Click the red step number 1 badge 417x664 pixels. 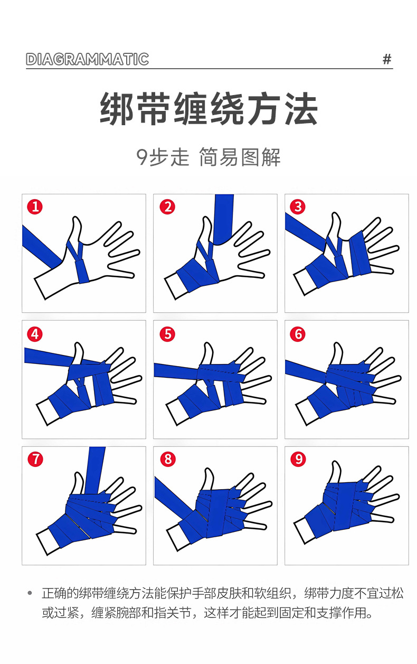click(35, 207)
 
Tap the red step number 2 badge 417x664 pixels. click(167, 207)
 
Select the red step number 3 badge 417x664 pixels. click(298, 207)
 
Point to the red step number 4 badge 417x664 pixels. click(35, 334)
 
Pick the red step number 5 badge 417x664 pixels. click(167, 334)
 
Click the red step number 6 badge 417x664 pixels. click(298, 334)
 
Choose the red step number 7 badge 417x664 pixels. click(35, 459)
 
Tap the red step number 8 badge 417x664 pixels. click(168, 459)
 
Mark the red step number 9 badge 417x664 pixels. click(298, 459)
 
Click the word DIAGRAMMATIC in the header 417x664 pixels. click(88, 59)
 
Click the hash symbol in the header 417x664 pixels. click(387, 59)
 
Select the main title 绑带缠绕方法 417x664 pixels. click(209, 108)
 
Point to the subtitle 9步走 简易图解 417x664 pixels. click(208, 157)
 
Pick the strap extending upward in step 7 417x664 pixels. click(96, 470)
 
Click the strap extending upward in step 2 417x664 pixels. click(224, 219)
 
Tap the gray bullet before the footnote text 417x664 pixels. click(30, 593)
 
